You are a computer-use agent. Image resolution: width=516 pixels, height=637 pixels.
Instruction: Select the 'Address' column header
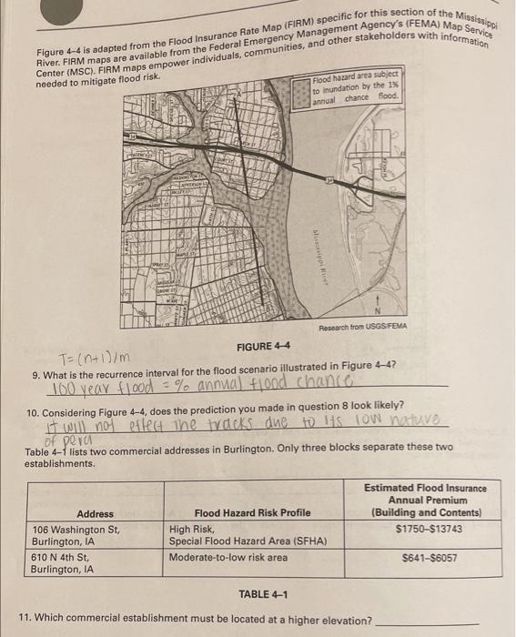point(96,514)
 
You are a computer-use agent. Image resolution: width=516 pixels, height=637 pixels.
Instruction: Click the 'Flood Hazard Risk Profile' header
point(239,514)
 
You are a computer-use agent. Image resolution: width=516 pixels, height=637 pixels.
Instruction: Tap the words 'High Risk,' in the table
point(191,529)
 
